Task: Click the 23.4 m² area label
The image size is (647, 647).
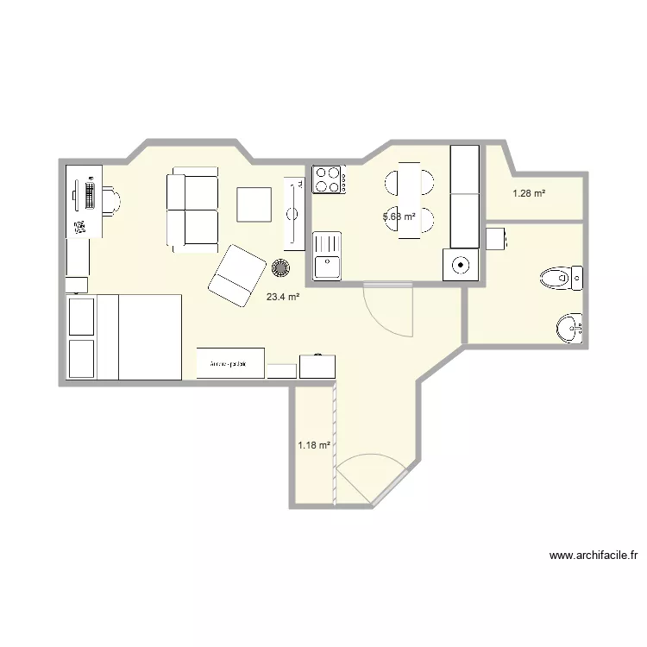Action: pos(283,297)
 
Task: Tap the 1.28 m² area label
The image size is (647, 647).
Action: pos(528,193)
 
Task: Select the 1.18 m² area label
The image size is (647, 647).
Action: pos(314,445)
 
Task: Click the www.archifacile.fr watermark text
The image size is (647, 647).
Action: pos(592,556)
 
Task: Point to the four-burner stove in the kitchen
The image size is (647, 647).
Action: pos(328,179)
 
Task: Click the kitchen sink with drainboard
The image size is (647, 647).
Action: pos(327,254)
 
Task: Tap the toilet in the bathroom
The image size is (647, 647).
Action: pos(561,278)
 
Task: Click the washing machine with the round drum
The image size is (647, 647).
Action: pos(459,265)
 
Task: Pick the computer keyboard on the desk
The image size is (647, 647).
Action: pos(90,195)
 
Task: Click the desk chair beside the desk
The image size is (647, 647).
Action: pos(111,201)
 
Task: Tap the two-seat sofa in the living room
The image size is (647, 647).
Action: pos(192,210)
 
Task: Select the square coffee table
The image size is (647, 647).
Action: pos(255,204)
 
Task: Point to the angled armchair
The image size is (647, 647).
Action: pos(236,273)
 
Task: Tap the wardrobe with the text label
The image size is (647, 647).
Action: pos(230,363)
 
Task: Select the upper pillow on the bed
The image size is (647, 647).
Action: pos(81,317)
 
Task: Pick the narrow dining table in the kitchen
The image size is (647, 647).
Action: pos(410,204)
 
